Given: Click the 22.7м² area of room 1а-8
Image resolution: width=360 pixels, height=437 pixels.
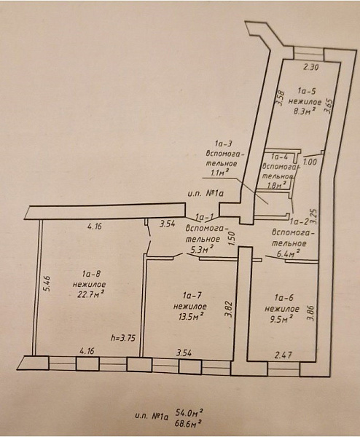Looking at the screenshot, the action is click(x=91, y=295).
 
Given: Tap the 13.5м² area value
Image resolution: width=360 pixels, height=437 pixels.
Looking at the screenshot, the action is click(x=189, y=317).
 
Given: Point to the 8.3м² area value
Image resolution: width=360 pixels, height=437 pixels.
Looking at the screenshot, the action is click(x=304, y=111).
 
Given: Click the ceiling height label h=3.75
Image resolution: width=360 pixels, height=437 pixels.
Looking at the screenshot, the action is click(x=123, y=339).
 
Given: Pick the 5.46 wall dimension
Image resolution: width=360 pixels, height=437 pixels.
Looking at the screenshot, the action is click(x=47, y=283).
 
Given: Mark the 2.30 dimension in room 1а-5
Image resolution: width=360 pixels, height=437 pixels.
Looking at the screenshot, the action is click(x=310, y=68).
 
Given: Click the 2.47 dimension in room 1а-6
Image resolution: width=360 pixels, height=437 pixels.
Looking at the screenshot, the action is click(x=283, y=355).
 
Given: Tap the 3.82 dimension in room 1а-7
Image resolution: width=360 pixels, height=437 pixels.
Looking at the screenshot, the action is click(x=230, y=309).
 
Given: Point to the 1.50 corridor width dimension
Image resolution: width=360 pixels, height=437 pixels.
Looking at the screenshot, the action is click(x=230, y=239).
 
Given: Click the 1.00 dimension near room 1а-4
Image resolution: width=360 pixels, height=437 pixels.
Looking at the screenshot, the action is click(x=310, y=162).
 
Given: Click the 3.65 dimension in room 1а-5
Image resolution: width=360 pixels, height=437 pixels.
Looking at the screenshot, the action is click(x=329, y=106).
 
